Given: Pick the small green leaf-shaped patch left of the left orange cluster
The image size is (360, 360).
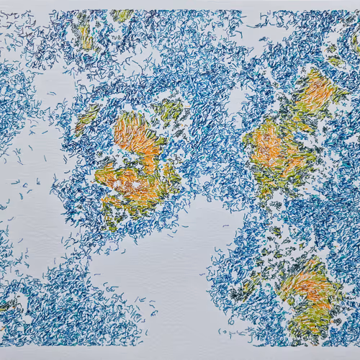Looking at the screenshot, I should click(x=88, y=117).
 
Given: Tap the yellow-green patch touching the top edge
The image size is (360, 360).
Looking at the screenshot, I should click(x=121, y=14).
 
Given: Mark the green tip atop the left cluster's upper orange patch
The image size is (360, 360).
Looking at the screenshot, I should click(x=130, y=115).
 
